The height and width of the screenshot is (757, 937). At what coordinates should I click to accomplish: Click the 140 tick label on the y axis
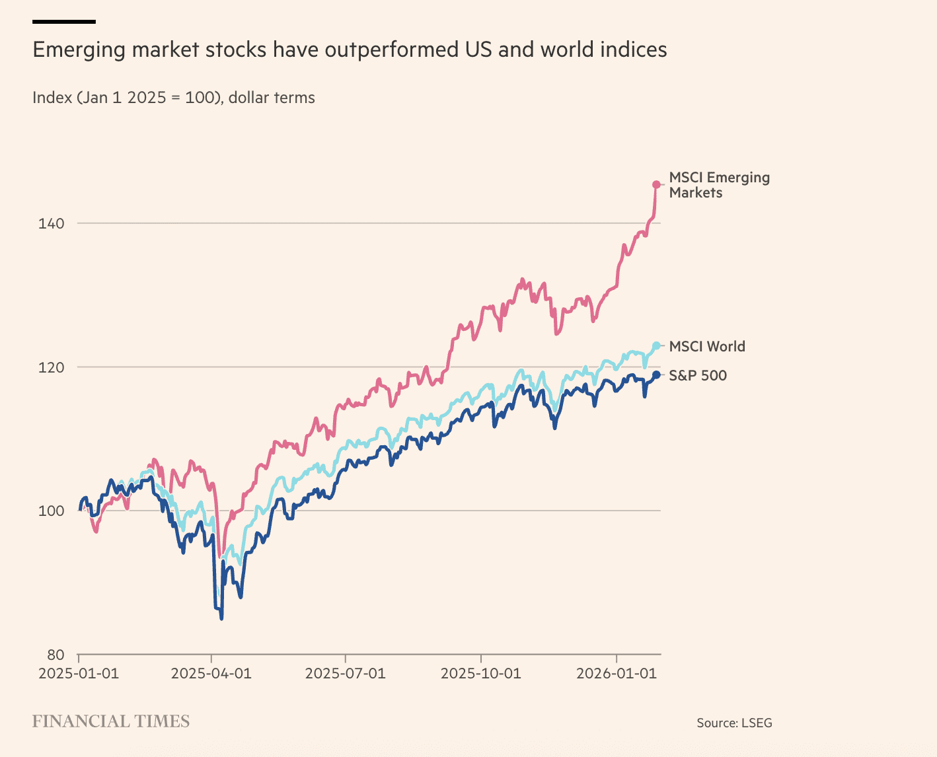[51, 223]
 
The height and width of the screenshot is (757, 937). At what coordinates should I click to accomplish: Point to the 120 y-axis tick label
[51, 367]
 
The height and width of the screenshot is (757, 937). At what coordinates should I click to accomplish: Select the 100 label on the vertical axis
[51, 511]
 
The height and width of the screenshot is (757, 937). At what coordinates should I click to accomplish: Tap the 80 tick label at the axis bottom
[56, 655]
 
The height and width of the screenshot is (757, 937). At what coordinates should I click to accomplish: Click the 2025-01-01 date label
[79, 674]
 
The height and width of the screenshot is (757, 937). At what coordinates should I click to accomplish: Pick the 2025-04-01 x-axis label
[211, 674]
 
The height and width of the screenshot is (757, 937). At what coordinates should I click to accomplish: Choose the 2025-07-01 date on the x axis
[345, 674]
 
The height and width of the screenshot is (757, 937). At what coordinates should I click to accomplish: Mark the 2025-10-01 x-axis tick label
[480, 674]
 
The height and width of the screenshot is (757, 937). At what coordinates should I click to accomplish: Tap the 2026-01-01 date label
[617, 674]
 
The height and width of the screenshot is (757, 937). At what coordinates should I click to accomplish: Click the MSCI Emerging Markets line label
[719, 185]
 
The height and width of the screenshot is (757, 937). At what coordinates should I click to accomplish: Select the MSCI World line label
[706, 347]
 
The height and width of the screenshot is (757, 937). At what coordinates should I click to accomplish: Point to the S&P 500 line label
[697, 376]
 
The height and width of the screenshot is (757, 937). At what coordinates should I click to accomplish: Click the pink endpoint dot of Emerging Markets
[656, 185]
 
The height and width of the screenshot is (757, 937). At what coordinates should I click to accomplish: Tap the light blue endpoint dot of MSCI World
[656, 345]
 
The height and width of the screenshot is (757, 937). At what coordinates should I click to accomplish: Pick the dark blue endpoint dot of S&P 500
[656, 375]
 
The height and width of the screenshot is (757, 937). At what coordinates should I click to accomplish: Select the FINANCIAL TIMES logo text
[111, 721]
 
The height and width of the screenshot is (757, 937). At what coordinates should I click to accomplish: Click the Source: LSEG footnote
[734, 723]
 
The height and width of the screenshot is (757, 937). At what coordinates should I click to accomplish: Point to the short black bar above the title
[64, 22]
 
